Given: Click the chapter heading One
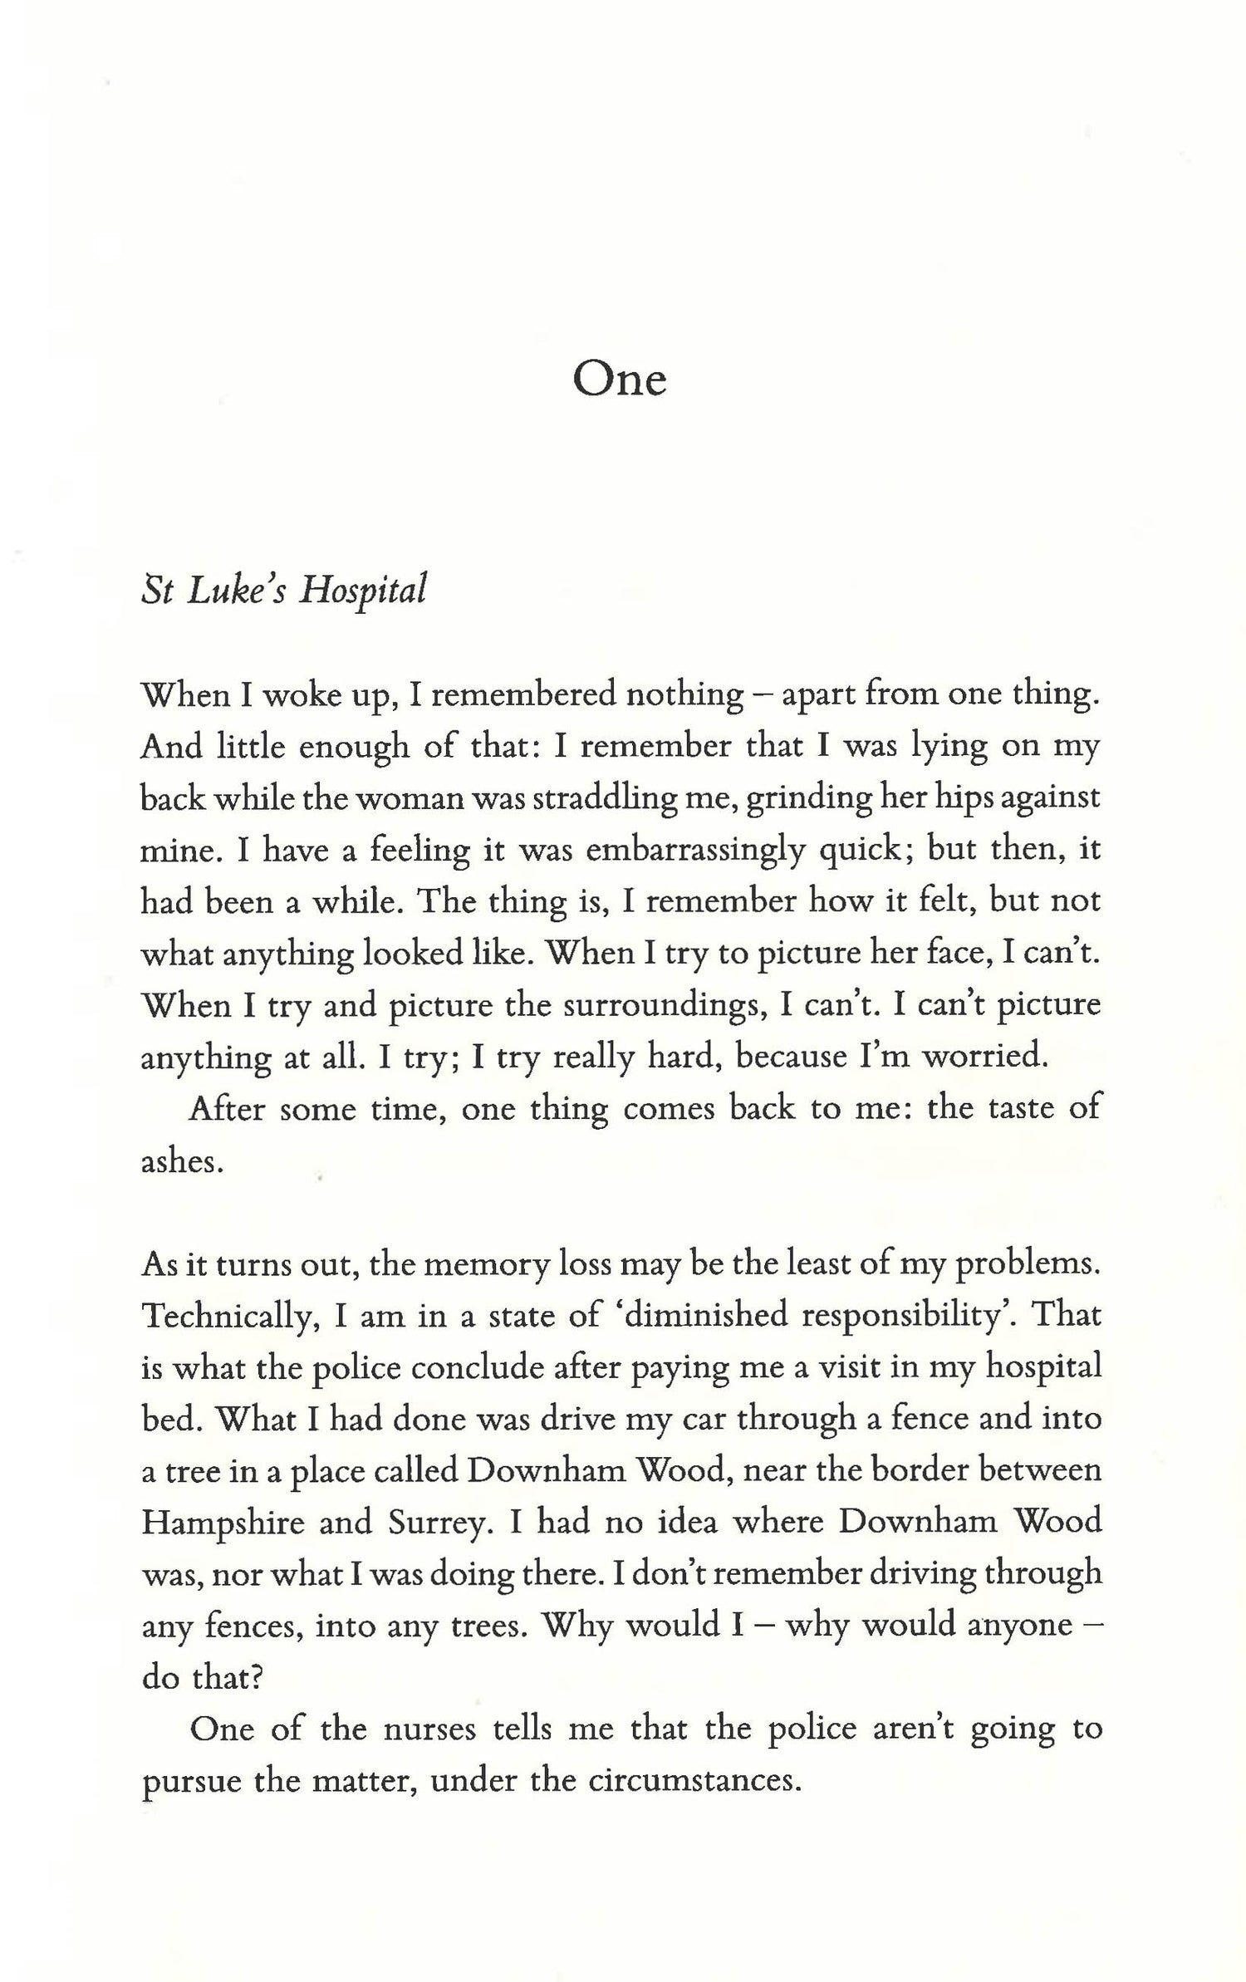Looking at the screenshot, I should click(x=620, y=380).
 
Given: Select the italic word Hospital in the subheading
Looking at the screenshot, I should click(x=363, y=591).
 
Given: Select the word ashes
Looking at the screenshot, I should click(x=182, y=1161).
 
